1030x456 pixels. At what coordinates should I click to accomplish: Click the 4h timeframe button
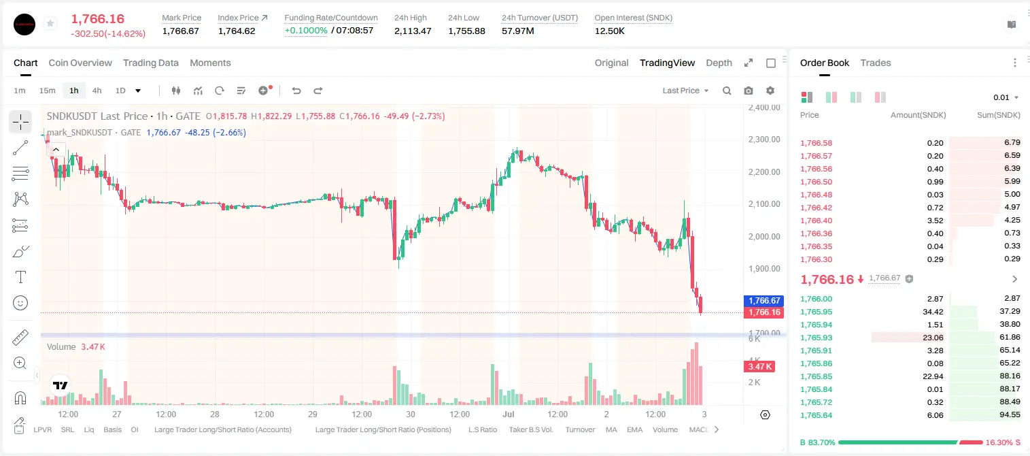click(x=97, y=91)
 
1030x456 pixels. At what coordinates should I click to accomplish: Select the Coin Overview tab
click(x=80, y=63)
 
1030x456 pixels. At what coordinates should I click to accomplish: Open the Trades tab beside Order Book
click(x=876, y=63)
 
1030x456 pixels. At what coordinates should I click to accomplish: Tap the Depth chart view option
click(x=719, y=63)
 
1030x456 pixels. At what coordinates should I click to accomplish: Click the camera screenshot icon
click(x=749, y=91)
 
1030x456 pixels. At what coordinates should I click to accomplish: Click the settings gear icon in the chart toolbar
click(x=770, y=91)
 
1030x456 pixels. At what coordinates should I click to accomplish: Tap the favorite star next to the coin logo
click(x=50, y=23)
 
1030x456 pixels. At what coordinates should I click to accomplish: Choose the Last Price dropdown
click(x=685, y=91)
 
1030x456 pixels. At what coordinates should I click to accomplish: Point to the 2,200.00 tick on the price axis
click(x=764, y=172)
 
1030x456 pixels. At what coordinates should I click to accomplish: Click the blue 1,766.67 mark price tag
click(x=763, y=300)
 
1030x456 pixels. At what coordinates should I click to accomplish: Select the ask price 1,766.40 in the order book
click(x=817, y=221)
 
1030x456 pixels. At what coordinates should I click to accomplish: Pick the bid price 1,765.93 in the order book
click(x=817, y=338)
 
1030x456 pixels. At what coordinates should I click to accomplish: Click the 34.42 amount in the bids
click(x=933, y=312)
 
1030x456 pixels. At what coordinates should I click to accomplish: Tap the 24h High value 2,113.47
click(x=413, y=31)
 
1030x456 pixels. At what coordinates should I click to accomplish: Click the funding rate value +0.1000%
click(x=306, y=31)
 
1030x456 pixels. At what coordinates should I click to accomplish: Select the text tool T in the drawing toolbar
click(x=20, y=277)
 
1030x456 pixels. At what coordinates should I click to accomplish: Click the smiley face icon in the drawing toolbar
click(x=20, y=303)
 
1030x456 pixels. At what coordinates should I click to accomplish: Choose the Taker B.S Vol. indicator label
click(x=530, y=429)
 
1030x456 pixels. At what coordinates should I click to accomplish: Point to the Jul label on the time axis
click(x=508, y=414)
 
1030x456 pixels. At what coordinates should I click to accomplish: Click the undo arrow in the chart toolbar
click(x=296, y=91)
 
